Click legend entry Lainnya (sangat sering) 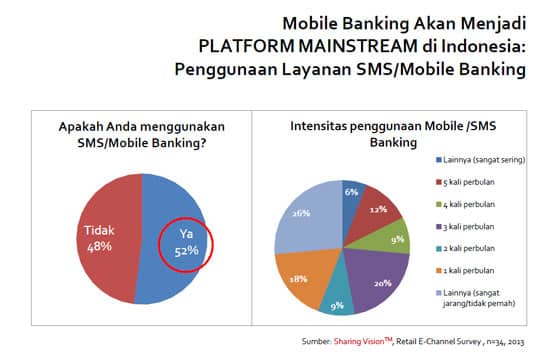(x=487, y=159)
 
